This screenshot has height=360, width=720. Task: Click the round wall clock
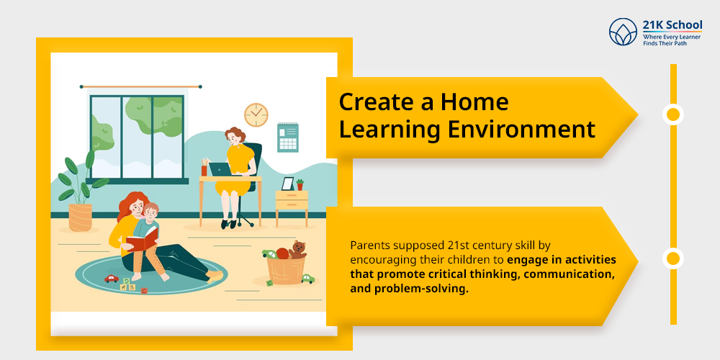[x=256, y=114]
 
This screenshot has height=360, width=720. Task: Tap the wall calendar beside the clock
[x=287, y=137]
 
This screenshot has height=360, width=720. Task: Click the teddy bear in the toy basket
[x=297, y=250]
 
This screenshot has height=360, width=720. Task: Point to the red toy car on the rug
[x=112, y=278]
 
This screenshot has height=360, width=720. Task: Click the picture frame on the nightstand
[x=287, y=184]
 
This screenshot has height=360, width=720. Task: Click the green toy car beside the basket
[x=307, y=278]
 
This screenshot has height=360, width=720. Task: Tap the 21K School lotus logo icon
[x=624, y=32]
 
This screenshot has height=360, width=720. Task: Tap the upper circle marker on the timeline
[x=673, y=114]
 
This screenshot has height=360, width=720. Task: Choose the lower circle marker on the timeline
[x=673, y=258]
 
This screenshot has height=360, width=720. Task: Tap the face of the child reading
[x=151, y=214]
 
